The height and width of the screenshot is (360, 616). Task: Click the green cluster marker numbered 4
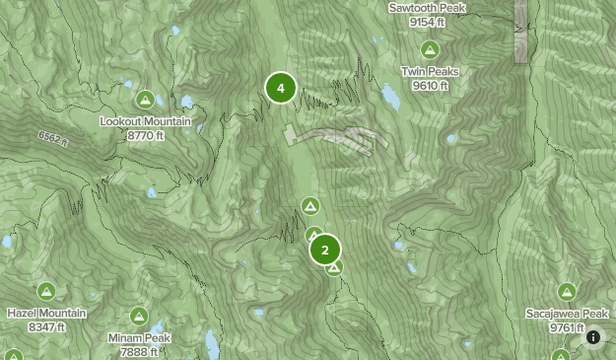click(281, 88)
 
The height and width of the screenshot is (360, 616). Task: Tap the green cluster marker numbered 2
click(325, 250)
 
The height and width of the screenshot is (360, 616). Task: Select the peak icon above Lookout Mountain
click(145, 99)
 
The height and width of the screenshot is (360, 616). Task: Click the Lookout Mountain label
click(146, 121)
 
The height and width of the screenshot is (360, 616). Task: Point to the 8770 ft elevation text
click(146, 135)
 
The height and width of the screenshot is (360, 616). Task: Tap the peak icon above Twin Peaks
click(430, 49)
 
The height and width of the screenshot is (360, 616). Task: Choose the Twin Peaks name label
click(430, 72)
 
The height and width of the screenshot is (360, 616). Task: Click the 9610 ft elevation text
click(431, 86)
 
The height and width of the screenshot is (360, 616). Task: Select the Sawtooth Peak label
click(427, 8)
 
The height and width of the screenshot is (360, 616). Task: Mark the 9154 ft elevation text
click(427, 22)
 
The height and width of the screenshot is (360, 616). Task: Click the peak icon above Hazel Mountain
click(46, 291)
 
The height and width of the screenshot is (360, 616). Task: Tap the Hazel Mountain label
click(46, 314)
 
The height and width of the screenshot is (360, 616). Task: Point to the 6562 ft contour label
click(54, 138)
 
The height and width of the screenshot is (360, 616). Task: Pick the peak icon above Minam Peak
click(139, 316)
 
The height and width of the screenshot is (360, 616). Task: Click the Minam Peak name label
click(139, 338)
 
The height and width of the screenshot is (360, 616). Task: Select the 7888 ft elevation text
click(139, 352)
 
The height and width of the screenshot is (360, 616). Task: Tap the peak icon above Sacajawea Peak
click(567, 291)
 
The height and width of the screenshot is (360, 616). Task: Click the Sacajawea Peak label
click(567, 314)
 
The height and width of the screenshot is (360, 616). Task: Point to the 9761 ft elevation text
click(567, 327)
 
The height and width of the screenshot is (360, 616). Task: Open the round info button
click(593, 337)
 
